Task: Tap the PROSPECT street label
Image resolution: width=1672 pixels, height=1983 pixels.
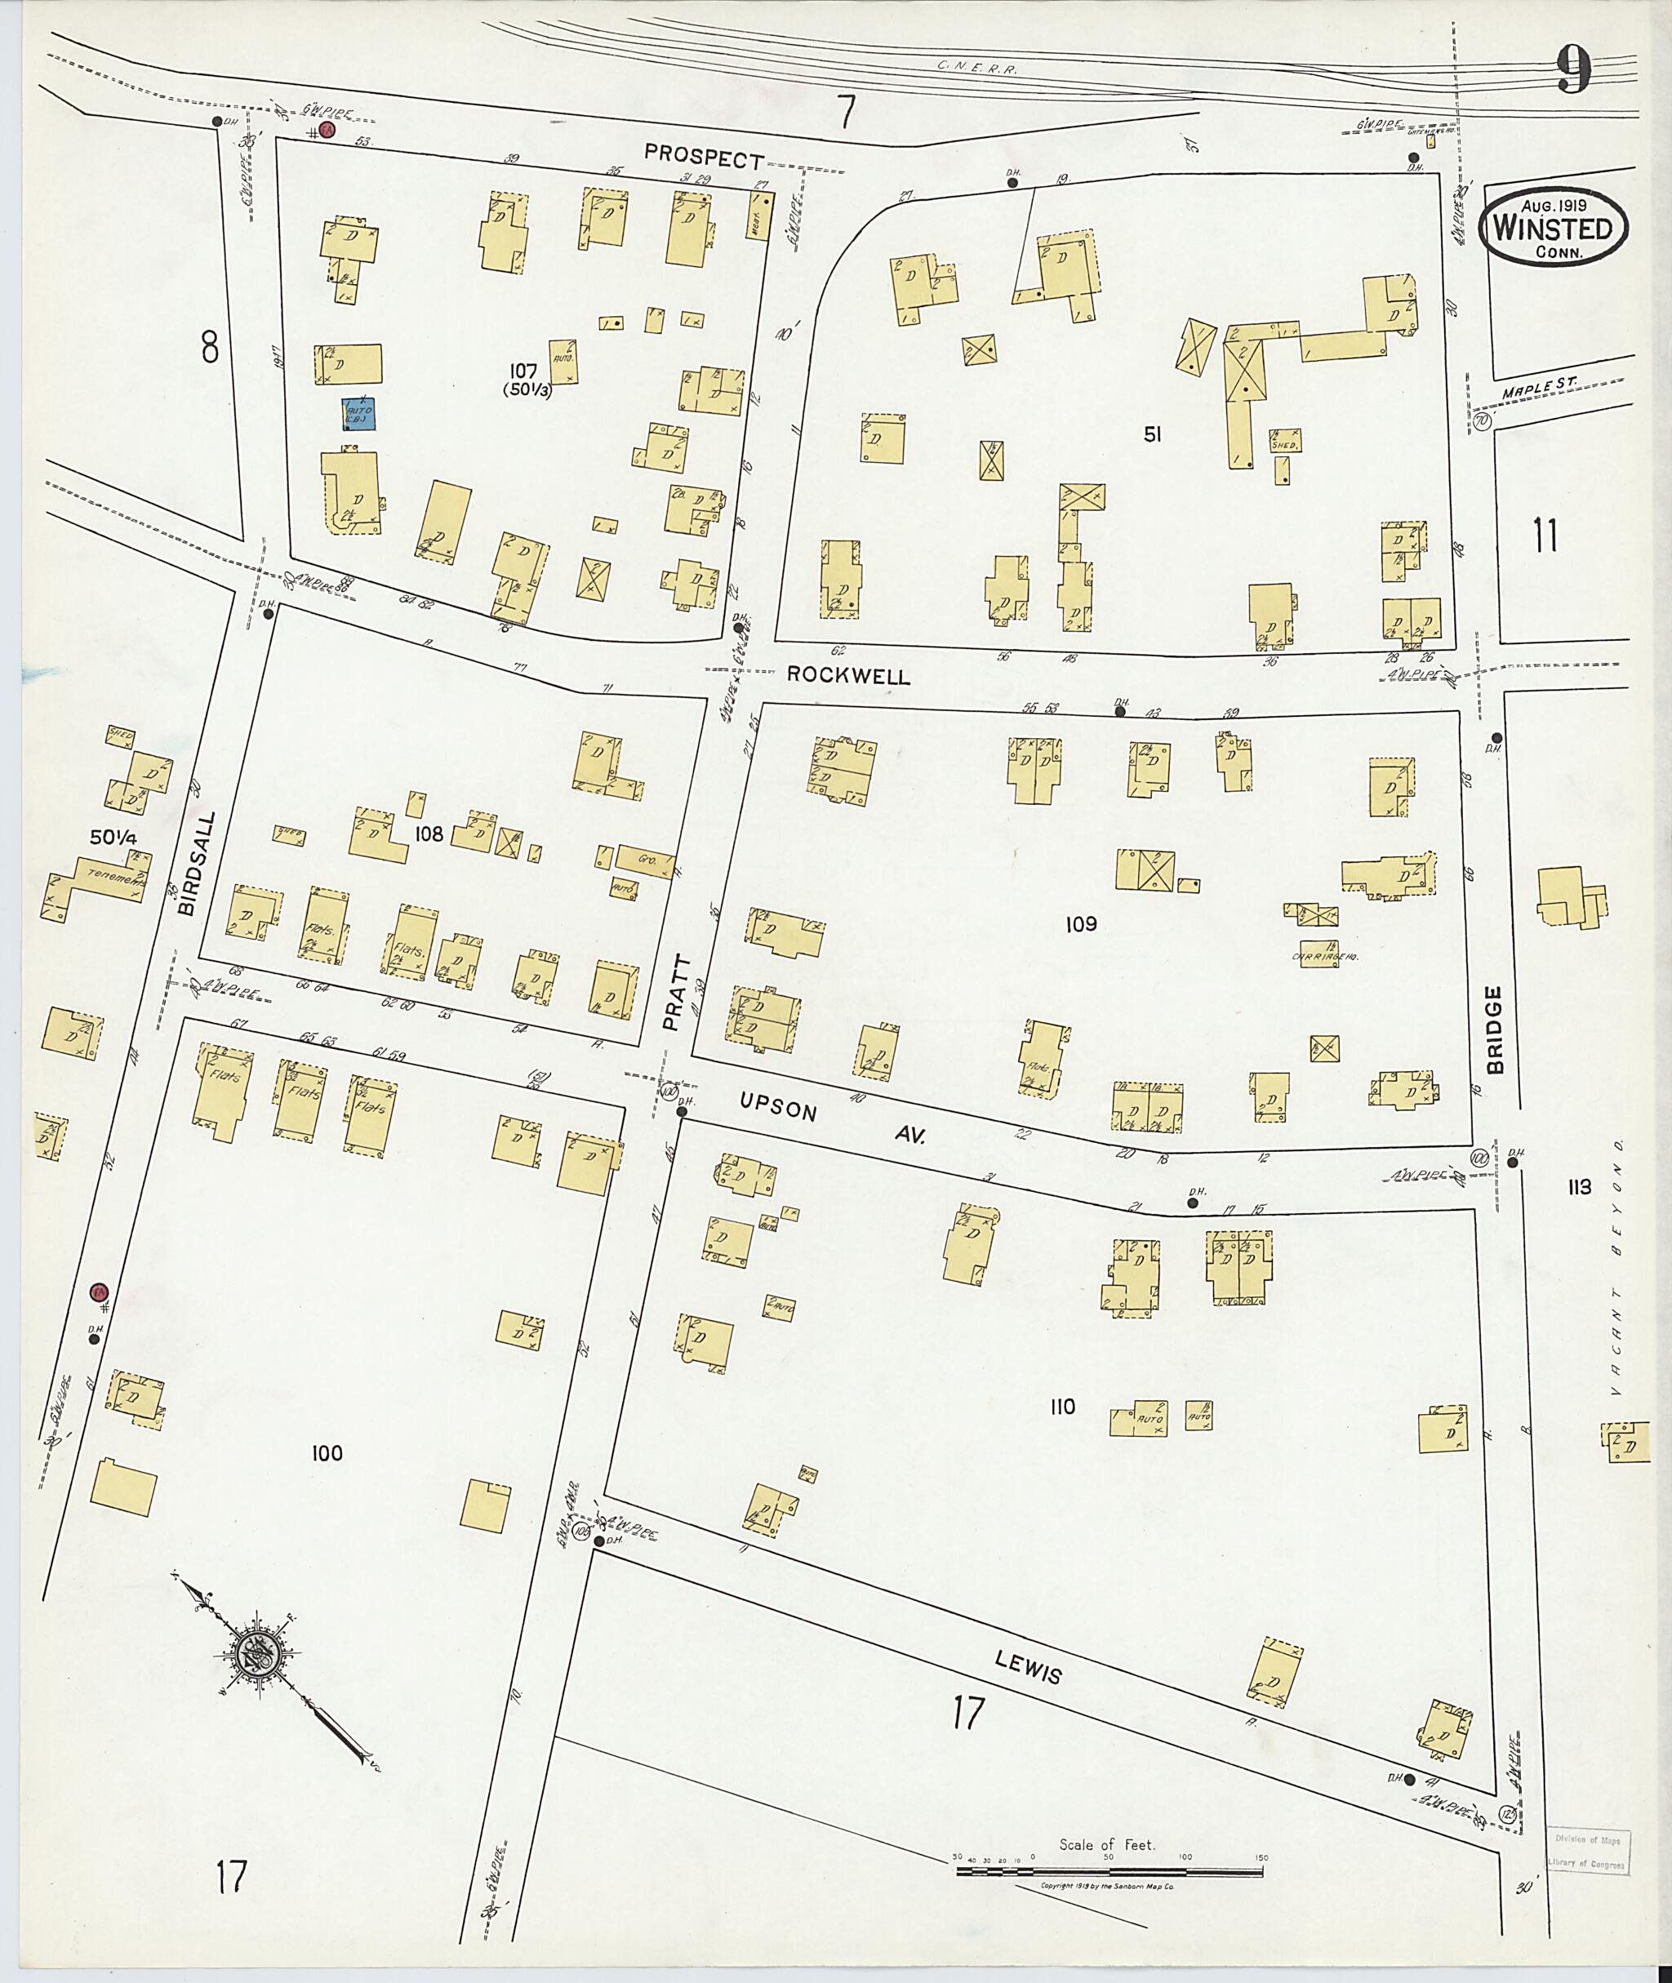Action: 703,157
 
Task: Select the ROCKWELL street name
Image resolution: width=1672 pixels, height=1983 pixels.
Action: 848,676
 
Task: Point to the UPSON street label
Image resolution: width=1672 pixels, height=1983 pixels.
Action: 778,1105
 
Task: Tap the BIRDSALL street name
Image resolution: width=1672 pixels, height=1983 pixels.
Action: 187,864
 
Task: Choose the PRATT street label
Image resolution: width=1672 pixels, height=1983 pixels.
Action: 673,991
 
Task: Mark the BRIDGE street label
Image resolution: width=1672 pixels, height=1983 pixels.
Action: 1496,1029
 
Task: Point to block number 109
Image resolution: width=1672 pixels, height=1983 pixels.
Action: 1081,923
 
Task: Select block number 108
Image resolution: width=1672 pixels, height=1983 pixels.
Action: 429,834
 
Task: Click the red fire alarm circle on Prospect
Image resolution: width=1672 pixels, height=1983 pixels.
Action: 326,131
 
